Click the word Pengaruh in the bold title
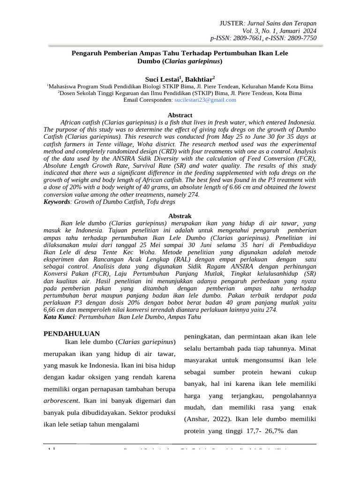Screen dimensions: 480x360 pos(86,53)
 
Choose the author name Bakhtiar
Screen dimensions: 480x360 pos(199,79)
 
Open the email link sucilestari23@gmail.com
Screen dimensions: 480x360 pos(205,100)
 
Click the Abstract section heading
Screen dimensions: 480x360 pos(180,115)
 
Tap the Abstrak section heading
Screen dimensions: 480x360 pos(180,216)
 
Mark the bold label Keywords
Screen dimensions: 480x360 pos(56,202)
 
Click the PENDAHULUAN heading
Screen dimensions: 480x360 pos(72,334)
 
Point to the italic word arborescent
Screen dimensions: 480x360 pos(60,401)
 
